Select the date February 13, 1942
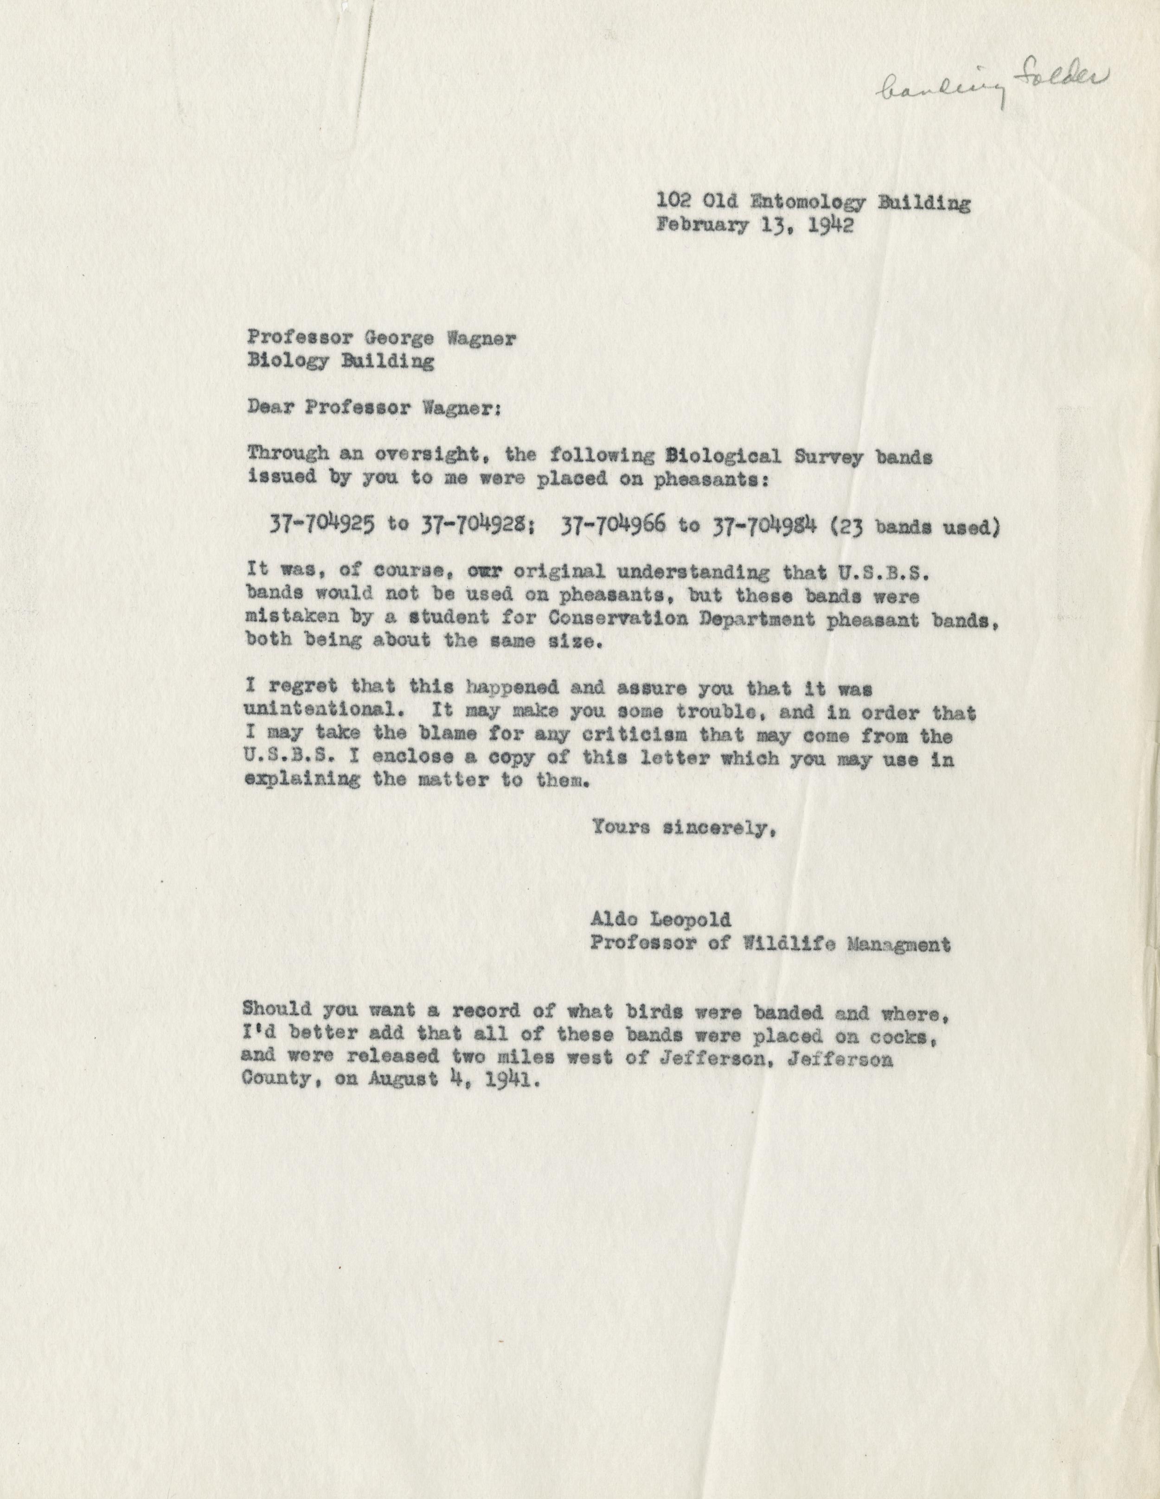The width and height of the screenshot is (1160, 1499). click(x=755, y=227)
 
